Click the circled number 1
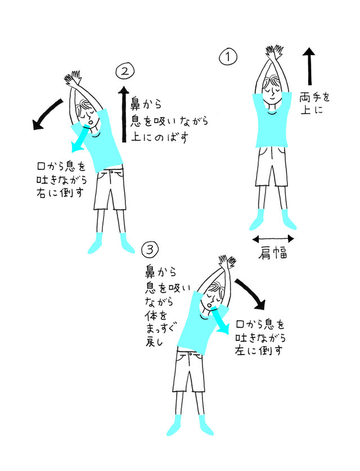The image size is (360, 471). coord(228,57)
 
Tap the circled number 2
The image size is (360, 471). coord(125,71)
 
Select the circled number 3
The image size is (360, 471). coord(150,249)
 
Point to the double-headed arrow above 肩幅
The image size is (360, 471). coord(273,239)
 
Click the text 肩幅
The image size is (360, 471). coord(273,254)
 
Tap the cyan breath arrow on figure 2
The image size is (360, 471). coord(80,139)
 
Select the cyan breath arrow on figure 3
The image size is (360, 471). coord(220,321)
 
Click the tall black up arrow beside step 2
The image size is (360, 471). coord(124,114)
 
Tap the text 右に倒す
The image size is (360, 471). coord(60,192)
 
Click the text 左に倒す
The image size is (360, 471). coord(259,350)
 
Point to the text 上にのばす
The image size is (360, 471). coord(160,137)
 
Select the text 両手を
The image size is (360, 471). coord(314,97)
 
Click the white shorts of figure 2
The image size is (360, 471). coord(110,189)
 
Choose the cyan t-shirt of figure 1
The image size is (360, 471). coord(272,123)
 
